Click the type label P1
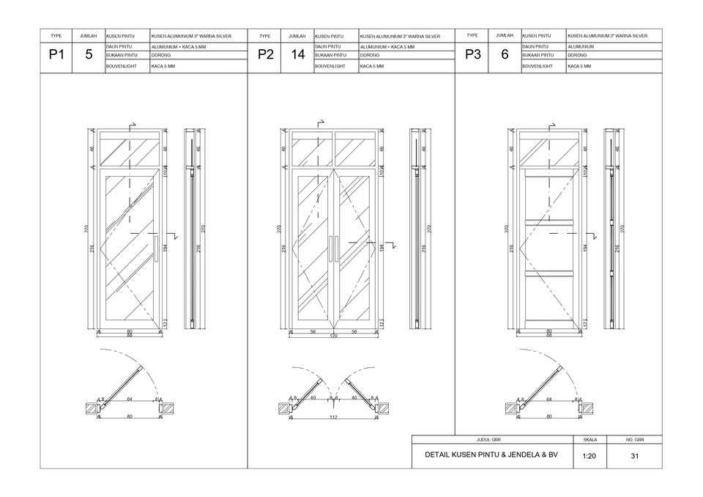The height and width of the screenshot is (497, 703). click(56, 54)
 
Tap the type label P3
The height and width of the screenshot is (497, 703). click(472, 54)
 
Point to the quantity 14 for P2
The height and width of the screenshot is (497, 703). click(297, 55)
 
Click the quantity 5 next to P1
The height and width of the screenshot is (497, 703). click(89, 54)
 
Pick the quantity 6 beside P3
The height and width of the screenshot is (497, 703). click(505, 54)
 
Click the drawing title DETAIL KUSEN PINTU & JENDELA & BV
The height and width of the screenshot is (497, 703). click(491, 455)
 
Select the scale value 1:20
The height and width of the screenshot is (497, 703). click(589, 456)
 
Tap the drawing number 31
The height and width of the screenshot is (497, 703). click(634, 456)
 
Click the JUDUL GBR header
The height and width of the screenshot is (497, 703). click(488, 440)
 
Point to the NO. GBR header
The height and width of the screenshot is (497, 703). click(634, 440)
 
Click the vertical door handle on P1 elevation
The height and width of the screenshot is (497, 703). click(156, 248)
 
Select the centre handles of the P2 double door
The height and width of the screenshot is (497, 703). click(333, 248)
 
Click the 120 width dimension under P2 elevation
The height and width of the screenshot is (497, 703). click(333, 336)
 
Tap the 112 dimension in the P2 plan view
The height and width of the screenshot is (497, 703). click(333, 417)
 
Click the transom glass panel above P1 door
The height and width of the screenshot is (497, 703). click(130, 151)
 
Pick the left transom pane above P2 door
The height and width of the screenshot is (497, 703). click(312, 151)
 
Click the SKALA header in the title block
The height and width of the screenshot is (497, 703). click(589, 440)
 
